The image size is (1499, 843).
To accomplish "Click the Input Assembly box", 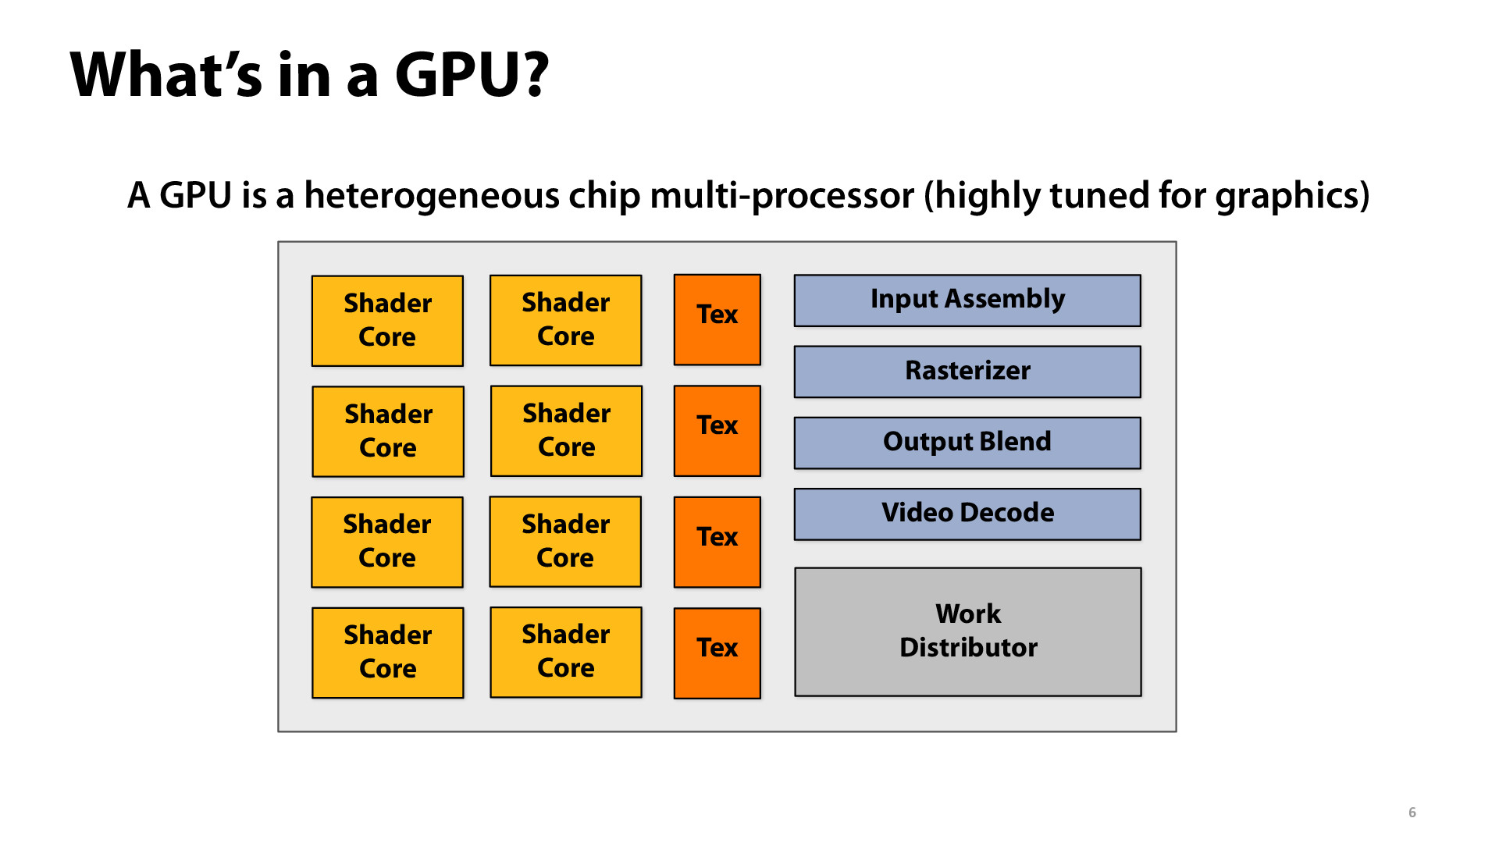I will point(967,301).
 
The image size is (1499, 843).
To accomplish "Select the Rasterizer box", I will point(967,372).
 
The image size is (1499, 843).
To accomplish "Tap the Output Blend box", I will point(967,443).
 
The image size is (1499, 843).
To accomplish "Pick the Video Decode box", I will point(967,514).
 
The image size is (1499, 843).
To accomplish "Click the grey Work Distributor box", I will point(967,631).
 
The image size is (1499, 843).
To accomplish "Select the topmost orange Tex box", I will point(717,319).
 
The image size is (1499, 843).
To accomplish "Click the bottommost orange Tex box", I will point(717,653).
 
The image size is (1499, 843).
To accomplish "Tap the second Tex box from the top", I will point(717,430).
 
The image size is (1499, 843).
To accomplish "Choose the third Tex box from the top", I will point(717,542).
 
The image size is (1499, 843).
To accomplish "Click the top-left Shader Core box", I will point(387,321).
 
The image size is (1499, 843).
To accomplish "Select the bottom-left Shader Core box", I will point(387,653).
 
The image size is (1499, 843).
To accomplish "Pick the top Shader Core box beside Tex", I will point(565,320).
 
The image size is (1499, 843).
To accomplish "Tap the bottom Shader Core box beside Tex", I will point(565,652).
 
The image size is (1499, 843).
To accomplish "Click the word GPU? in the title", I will point(472,75).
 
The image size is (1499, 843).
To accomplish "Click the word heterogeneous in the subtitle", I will point(431,195).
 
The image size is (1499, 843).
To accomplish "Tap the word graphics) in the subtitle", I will point(1292,195).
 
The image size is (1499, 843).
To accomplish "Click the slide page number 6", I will point(1412,813).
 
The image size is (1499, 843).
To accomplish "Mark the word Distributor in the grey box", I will point(968,648).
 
